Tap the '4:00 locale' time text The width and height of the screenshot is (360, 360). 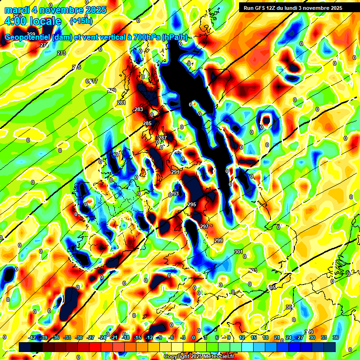click(32, 21)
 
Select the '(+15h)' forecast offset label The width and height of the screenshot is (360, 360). click(81, 21)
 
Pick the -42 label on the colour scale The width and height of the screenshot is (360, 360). click(32, 337)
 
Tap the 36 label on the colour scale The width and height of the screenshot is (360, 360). click(335, 337)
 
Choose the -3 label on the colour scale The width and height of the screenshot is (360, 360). click(182, 337)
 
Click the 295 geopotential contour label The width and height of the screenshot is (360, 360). click(192, 204)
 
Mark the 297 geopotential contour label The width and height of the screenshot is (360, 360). click(204, 226)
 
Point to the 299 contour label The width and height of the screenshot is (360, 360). click(218, 240)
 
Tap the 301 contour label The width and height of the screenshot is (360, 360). click(238, 252)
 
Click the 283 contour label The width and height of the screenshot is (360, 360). click(139, 109)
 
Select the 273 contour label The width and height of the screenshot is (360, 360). click(61, 53)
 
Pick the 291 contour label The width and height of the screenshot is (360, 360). click(176, 172)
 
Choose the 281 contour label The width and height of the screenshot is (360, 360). click(121, 103)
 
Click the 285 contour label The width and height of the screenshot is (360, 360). click(147, 123)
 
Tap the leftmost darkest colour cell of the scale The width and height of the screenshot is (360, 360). click(25, 346)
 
